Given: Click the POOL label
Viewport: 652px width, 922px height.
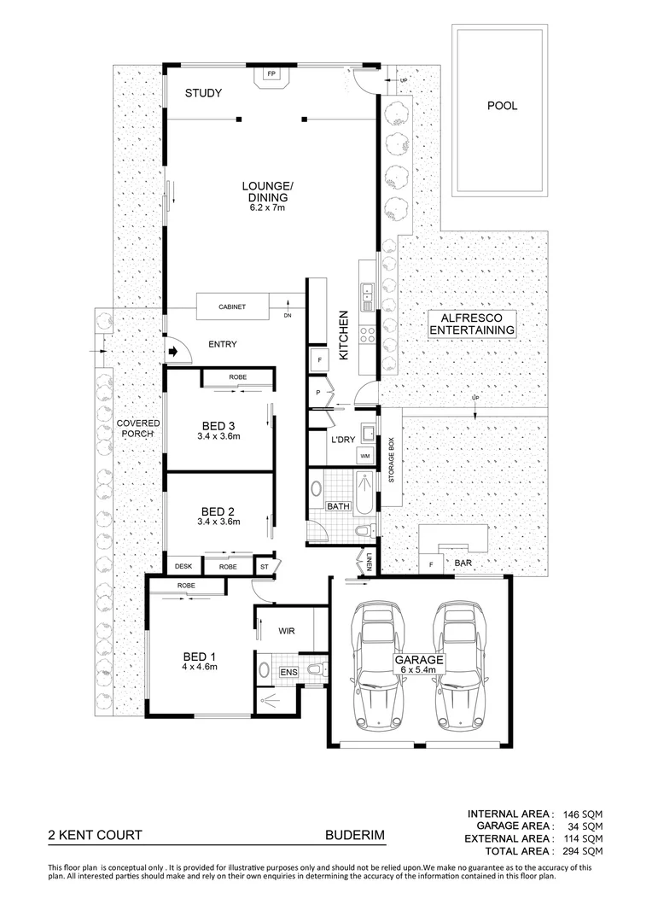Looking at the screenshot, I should [x=502, y=107].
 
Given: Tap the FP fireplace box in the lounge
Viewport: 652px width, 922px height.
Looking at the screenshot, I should [x=272, y=75].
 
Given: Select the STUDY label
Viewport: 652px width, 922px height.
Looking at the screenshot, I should [x=203, y=93].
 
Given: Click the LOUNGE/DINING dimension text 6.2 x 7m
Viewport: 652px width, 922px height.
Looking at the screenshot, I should [x=267, y=207].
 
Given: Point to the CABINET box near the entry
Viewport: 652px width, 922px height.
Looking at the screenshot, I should [x=232, y=306].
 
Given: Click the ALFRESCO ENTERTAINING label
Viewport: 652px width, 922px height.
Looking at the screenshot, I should [x=472, y=323].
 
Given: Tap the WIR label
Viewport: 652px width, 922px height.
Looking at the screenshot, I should [x=286, y=632].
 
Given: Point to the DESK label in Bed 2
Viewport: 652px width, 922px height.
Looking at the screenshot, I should [x=183, y=566].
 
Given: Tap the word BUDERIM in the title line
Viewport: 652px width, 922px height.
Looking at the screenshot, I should [x=349, y=836].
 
